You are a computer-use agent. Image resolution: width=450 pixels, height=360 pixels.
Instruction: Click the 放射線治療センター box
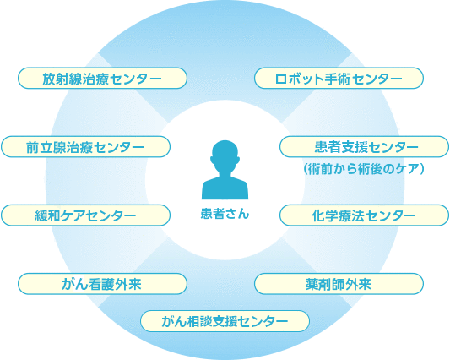[102, 78]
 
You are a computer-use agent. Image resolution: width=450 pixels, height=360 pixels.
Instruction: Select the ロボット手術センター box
[339, 78]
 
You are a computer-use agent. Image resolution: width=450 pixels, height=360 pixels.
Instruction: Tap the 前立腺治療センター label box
[86, 147]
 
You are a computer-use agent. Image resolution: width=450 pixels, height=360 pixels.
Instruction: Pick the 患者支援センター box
[364, 147]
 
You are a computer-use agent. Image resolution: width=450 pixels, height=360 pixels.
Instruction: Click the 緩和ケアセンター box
[86, 215]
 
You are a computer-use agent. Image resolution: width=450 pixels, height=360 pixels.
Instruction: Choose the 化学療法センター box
[364, 215]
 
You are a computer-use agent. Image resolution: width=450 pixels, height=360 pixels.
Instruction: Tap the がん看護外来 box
[102, 284]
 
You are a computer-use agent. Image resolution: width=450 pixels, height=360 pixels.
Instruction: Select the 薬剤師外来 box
[339, 284]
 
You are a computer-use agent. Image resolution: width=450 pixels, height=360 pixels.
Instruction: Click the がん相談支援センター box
[225, 321]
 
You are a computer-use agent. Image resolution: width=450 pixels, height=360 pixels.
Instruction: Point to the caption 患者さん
[225, 214]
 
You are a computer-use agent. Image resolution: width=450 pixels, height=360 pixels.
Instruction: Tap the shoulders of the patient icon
[225, 188]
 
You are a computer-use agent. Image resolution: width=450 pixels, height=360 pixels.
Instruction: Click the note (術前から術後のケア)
[364, 169]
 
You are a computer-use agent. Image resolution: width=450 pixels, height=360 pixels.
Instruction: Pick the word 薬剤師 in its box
[325, 284]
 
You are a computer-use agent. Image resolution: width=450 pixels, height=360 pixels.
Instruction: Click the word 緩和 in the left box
[47, 215]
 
